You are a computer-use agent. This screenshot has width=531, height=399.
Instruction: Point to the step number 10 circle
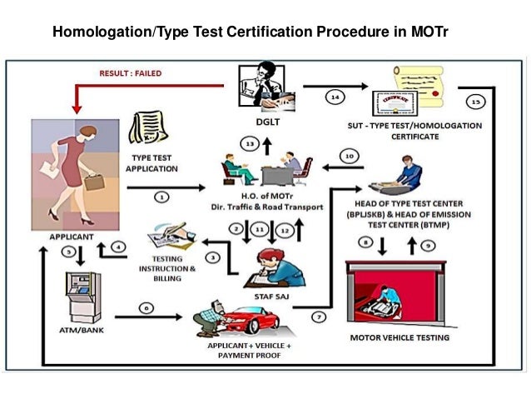click(350, 156)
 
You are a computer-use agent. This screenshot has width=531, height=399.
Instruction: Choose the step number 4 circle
click(119, 247)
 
